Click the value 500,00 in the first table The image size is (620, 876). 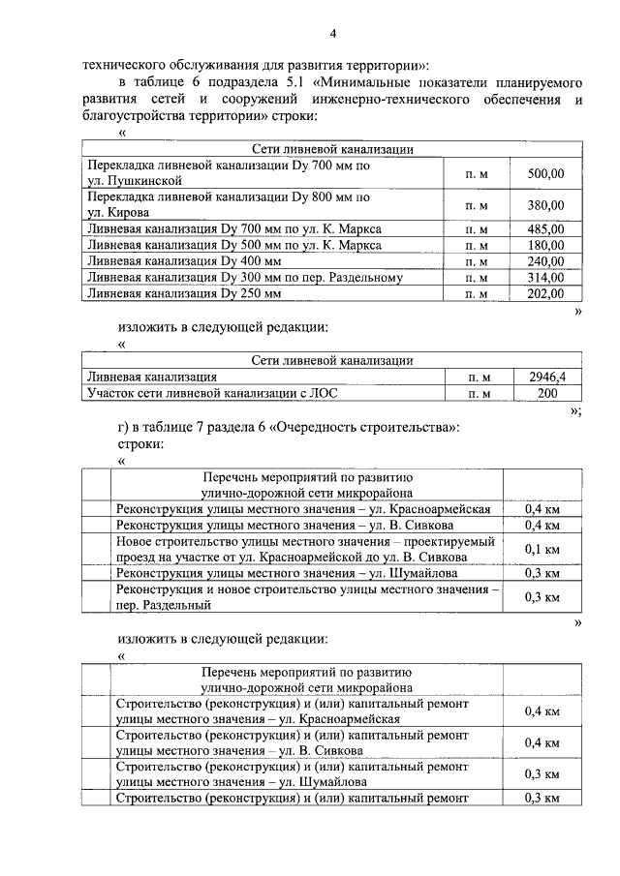pyautogui.click(x=545, y=174)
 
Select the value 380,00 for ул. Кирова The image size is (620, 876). pyautogui.click(x=545, y=205)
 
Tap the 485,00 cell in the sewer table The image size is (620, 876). pyautogui.click(x=545, y=229)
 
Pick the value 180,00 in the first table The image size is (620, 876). pyautogui.click(x=545, y=246)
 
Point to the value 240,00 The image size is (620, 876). pyautogui.click(x=545, y=261)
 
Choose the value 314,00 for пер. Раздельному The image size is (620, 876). pyautogui.click(x=545, y=278)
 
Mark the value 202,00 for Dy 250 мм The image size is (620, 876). pyautogui.click(x=545, y=293)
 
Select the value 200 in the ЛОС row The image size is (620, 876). pyautogui.click(x=547, y=393)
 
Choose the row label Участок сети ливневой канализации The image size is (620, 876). pyautogui.click(x=193, y=393)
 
